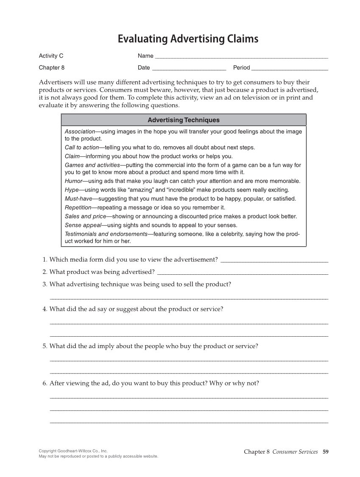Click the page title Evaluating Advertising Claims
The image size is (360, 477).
tap(188, 39)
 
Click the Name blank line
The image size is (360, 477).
tap(241, 56)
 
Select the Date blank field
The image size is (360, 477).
tap(189, 68)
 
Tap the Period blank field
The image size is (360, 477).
tap(290, 68)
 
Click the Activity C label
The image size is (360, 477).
tap(51, 56)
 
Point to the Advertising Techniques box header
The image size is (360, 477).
tap(184, 120)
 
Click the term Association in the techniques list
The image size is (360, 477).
tap(80, 131)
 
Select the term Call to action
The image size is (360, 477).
tap(81, 148)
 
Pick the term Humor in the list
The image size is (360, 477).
tap(73, 181)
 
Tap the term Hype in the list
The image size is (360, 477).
tap(71, 190)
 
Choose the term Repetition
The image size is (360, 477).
tap(78, 208)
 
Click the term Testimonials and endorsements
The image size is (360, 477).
tap(106, 234)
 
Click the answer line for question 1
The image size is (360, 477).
tap(274, 260)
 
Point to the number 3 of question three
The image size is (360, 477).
tap(44, 285)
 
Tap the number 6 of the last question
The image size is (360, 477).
tap(44, 383)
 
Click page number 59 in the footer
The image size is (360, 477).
tap(325, 452)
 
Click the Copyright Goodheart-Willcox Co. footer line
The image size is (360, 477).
tap(73, 451)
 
